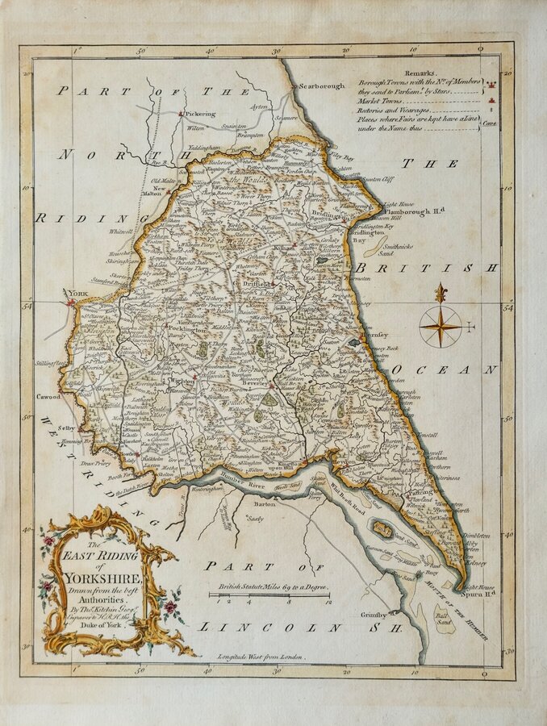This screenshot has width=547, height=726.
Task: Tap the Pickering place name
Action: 202,115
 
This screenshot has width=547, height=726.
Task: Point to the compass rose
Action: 441,326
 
